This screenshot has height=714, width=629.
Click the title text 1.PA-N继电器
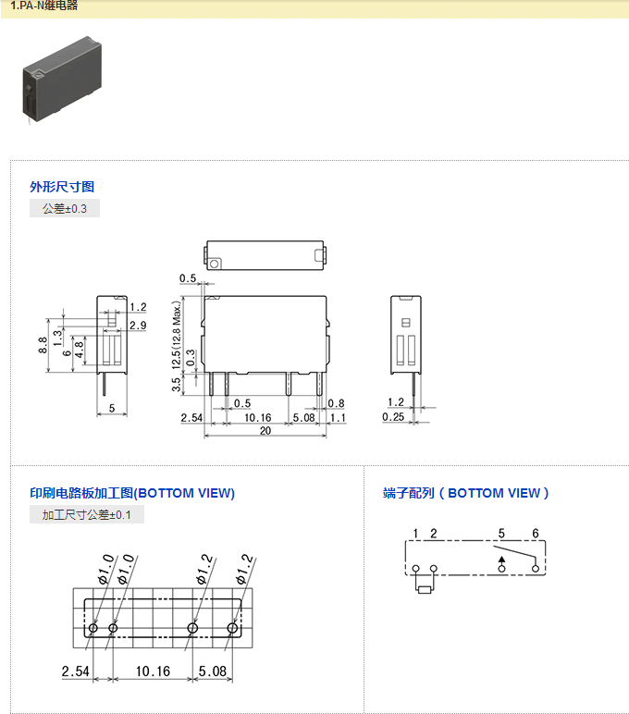(x=44, y=6)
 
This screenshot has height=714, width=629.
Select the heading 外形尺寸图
(x=62, y=187)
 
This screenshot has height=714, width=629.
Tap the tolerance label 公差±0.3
(x=64, y=209)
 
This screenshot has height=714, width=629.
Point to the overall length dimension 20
(x=265, y=431)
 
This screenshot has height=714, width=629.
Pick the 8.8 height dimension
(x=43, y=345)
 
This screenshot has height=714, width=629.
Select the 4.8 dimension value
(x=80, y=350)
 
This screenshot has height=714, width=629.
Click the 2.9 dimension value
(x=138, y=325)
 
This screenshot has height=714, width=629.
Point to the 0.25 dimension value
(x=393, y=417)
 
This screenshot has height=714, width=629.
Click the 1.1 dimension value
(x=337, y=418)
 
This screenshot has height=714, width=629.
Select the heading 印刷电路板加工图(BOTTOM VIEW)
(x=132, y=493)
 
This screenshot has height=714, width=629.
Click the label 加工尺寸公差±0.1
(x=87, y=515)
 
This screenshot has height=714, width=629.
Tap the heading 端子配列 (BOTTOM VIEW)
(x=466, y=493)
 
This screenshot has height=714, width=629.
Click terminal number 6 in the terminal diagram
(x=535, y=534)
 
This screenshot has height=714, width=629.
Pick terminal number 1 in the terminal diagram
(x=416, y=534)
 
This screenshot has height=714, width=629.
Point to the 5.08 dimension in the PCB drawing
(x=213, y=671)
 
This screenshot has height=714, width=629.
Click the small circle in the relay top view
(x=215, y=264)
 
